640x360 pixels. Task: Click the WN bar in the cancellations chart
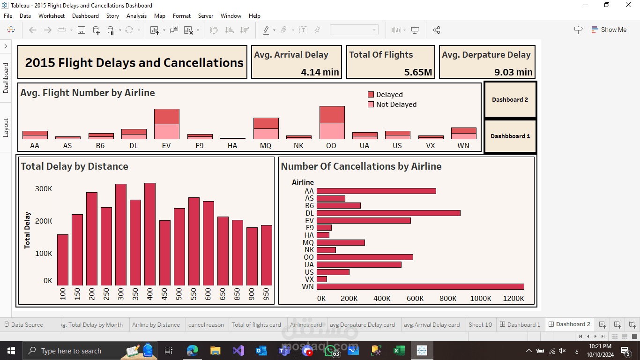coord(420,286)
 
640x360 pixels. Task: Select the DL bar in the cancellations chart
coord(388,213)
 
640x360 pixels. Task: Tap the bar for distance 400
coord(150,234)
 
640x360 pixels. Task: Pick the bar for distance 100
coord(63,260)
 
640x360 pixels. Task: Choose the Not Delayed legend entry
coord(392,105)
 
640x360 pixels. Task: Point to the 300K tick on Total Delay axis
coord(44,189)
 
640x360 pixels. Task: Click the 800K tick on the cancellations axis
coord(448,299)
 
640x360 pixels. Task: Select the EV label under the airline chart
coord(166,146)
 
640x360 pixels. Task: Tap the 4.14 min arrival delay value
coord(320,72)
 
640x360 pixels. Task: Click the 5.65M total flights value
coord(418,72)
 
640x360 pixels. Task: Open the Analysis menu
coord(136,16)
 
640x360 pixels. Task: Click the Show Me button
coord(609,30)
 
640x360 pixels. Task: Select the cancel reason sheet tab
coord(206,325)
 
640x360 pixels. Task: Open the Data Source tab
coord(24,325)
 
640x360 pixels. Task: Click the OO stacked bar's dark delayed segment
coord(332,115)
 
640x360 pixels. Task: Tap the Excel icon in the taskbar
coord(399,351)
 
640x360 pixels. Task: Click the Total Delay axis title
coord(27,230)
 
